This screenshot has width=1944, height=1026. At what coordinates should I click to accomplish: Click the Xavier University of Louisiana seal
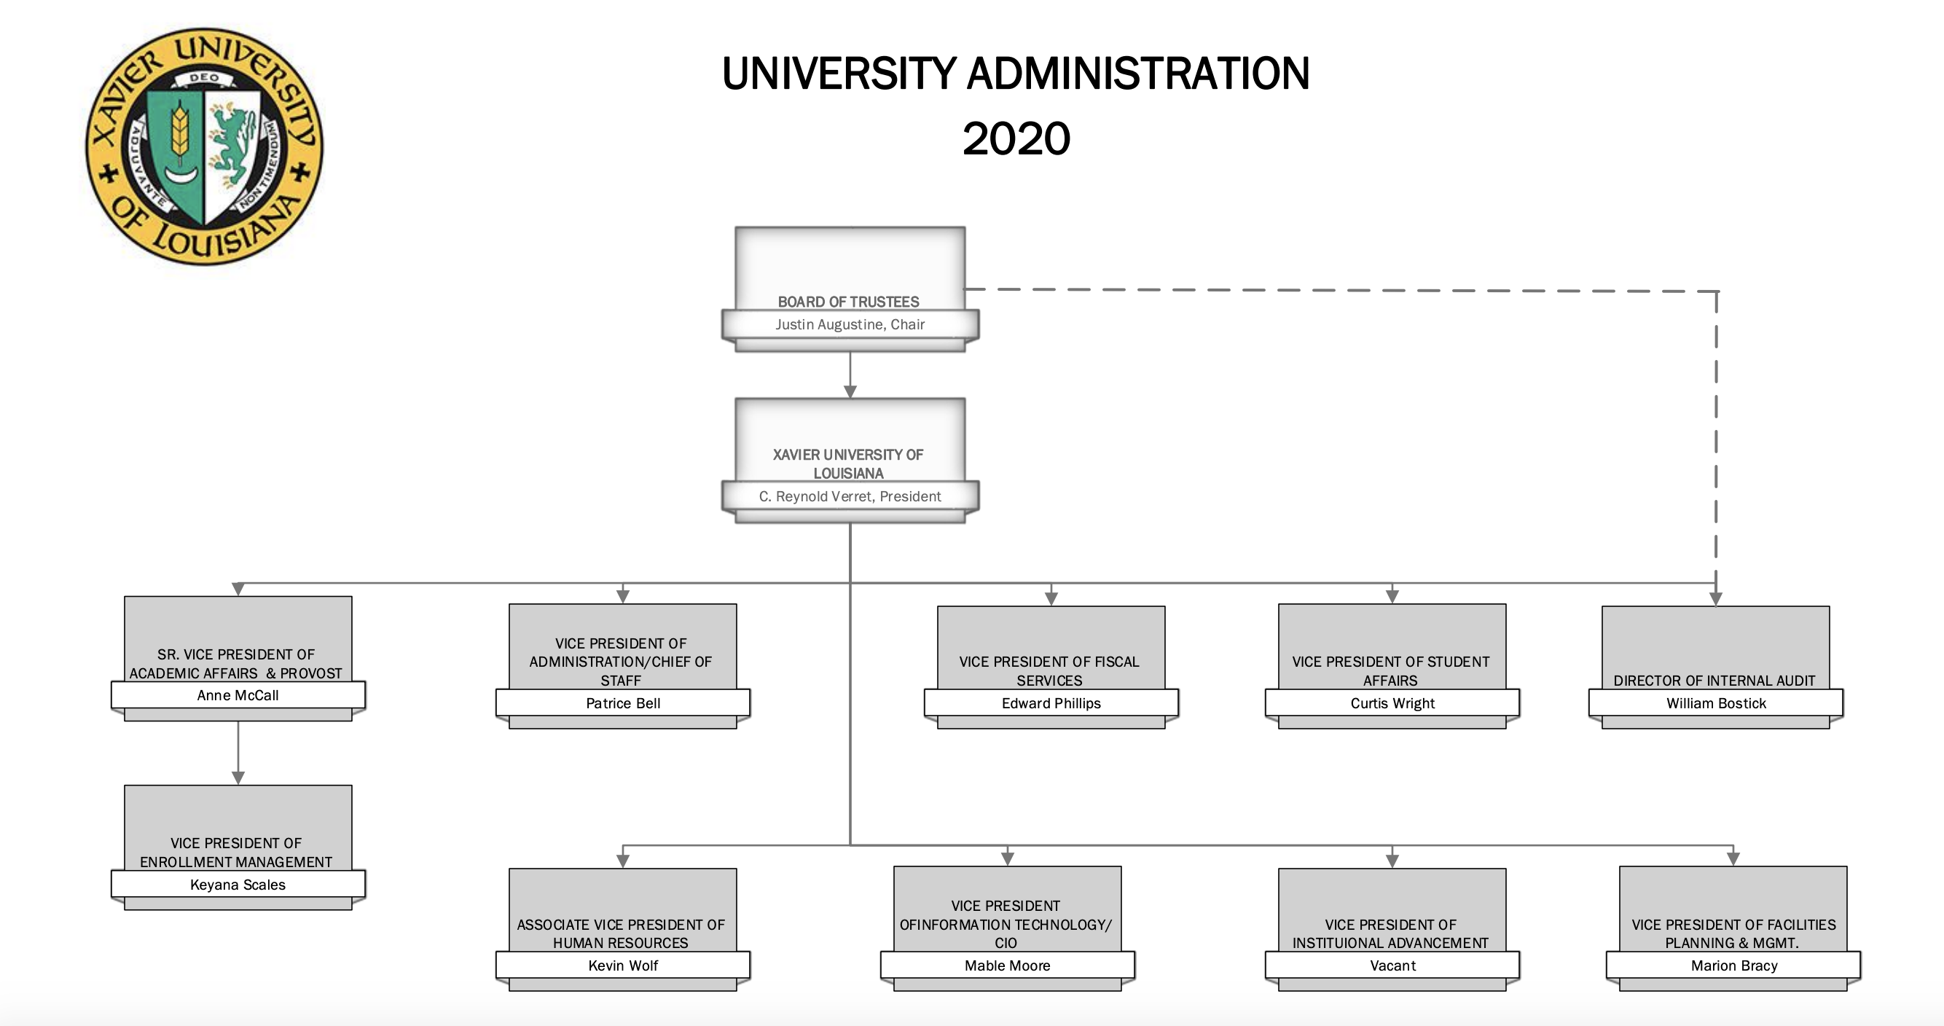pyautogui.click(x=204, y=146)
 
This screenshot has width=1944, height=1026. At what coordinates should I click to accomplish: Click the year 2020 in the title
pyautogui.click(x=1016, y=139)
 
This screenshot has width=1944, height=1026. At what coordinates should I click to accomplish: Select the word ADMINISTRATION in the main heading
pyautogui.click(x=1138, y=74)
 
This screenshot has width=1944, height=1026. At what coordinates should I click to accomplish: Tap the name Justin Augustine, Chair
pyautogui.click(x=850, y=325)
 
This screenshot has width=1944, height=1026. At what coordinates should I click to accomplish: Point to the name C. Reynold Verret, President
pyautogui.click(x=850, y=497)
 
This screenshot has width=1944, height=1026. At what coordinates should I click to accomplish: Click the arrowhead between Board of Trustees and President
pyautogui.click(x=850, y=392)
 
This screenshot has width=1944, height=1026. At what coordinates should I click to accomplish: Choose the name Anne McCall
pyautogui.click(x=238, y=695)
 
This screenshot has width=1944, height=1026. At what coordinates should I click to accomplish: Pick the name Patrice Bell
pyautogui.click(x=622, y=704)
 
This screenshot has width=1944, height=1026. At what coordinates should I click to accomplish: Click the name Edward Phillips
pyautogui.click(x=1051, y=704)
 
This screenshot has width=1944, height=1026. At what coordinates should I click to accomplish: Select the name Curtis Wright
pyautogui.click(x=1392, y=704)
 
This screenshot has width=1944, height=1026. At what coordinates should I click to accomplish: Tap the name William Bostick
pyautogui.click(x=1716, y=704)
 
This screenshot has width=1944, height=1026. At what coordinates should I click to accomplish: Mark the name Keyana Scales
pyautogui.click(x=238, y=885)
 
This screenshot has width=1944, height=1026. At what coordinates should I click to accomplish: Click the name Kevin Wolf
pyautogui.click(x=622, y=966)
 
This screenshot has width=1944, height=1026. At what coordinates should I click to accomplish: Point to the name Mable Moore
pyautogui.click(x=1008, y=966)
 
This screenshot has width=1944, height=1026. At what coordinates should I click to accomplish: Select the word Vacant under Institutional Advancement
pyautogui.click(x=1392, y=966)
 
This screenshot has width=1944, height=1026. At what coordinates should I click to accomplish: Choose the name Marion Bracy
pyautogui.click(x=1734, y=966)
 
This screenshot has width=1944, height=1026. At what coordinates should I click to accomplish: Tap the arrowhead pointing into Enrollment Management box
pyautogui.click(x=238, y=778)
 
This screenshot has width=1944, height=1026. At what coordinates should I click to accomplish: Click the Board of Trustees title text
pyautogui.click(x=848, y=302)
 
